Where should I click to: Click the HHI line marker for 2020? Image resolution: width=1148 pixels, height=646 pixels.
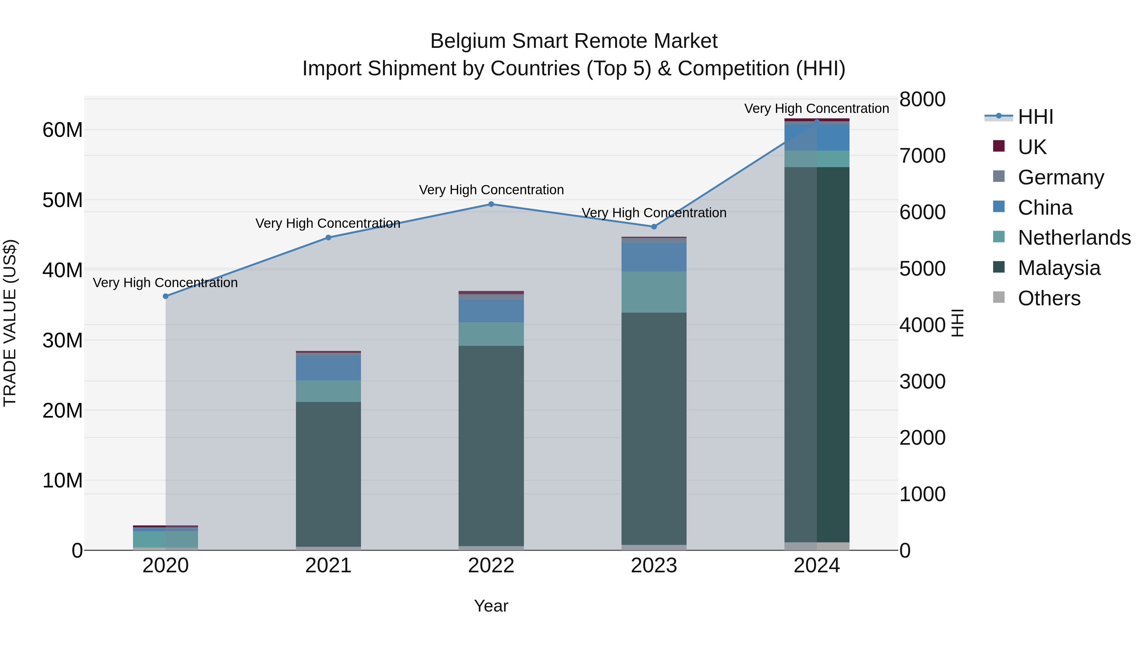click(166, 296)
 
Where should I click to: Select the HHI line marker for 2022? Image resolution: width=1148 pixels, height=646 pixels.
click(491, 204)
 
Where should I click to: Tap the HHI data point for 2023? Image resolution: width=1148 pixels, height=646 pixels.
click(654, 226)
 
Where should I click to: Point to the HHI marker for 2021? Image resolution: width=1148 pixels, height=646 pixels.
click(328, 238)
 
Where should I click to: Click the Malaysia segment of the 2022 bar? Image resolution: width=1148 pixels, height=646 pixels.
click(491, 446)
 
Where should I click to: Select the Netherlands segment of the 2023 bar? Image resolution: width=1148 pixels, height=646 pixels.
click(654, 292)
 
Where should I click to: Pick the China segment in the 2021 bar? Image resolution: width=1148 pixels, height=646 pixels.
click(328, 368)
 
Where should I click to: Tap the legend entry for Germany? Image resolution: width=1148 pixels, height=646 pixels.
click(1061, 177)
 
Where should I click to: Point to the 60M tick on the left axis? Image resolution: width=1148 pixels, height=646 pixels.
click(63, 130)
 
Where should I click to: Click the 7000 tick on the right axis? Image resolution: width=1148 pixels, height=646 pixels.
click(922, 156)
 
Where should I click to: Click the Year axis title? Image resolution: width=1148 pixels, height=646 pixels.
click(491, 606)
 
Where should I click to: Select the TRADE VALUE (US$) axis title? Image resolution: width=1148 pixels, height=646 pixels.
click(10, 323)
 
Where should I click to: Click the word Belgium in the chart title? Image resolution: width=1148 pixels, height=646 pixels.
click(467, 41)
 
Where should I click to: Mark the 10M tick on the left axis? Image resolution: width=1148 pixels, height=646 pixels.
click(63, 481)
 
